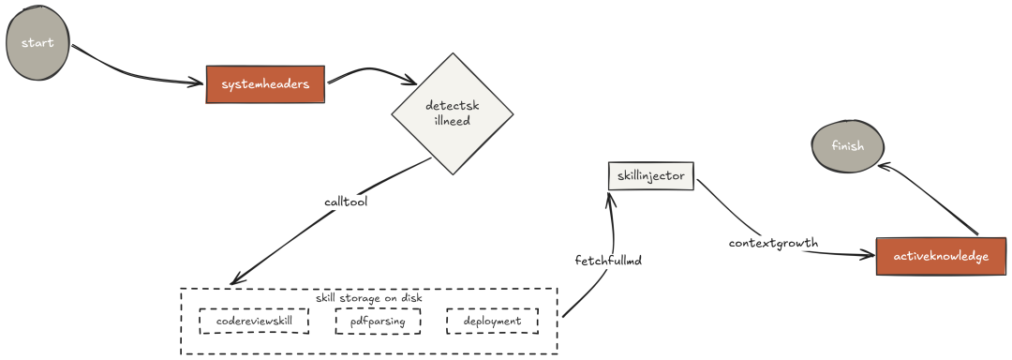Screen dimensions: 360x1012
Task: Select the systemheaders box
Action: [265, 84]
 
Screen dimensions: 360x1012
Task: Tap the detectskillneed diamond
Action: [452, 112]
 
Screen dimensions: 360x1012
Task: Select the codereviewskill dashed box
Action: [254, 321]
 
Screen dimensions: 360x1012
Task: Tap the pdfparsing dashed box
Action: [378, 321]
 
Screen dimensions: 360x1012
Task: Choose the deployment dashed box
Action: [492, 321]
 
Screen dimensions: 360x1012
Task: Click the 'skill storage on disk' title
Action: [368, 297]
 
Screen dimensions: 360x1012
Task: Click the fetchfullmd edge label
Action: [608, 259]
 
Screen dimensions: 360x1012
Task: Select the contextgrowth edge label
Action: [773, 243]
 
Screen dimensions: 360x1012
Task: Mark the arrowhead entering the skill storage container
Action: [235, 279]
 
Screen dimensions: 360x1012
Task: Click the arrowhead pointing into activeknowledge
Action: [869, 255]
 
